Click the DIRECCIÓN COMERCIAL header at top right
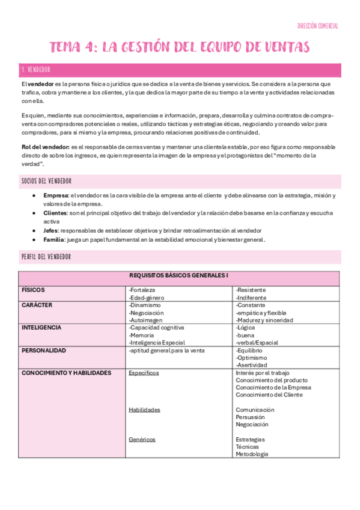(318, 26)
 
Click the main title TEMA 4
(180, 47)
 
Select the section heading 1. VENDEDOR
(36, 70)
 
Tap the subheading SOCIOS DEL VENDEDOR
(49, 181)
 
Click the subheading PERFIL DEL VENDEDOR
(46, 257)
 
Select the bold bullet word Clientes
(55, 214)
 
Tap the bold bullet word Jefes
(52, 231)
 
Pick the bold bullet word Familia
(55, 239)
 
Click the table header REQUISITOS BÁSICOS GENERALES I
(179, 275)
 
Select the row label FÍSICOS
(34, 290)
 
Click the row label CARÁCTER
(37, 305)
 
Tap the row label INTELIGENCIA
(41, 328)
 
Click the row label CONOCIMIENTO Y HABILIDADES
(66, 373)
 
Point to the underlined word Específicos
(144, 373)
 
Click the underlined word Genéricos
(142, 440)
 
